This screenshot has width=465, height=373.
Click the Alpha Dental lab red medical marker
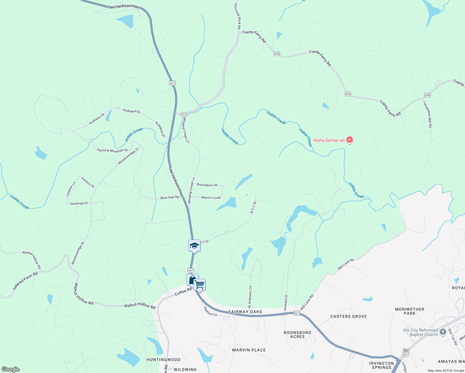(350, 140)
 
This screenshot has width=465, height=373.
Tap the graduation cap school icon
(194, 246)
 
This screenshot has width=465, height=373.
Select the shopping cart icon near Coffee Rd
(199, 284)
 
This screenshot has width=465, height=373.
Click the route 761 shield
(183, 114)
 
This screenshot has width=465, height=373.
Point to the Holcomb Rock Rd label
(237, 16)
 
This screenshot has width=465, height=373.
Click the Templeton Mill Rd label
(428, 114)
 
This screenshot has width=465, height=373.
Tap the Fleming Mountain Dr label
(112, 150)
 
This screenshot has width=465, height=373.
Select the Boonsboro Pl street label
(207, 185)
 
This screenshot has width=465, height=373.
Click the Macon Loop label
(211, 197)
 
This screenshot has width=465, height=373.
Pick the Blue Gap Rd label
(170, 197)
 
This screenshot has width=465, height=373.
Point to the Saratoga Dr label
(79, 203)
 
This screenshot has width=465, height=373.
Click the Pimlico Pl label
(87, 182)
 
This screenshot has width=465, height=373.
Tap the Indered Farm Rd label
(25, 281)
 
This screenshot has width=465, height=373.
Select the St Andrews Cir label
(250, 297)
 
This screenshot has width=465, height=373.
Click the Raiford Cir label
(210, 312)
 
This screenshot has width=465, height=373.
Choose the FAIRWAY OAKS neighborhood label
(245, 312)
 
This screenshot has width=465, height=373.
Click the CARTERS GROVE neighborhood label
(348, 316)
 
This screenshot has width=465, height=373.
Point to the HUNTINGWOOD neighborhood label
(163, 360)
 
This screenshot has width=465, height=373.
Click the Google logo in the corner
(10, 369)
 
